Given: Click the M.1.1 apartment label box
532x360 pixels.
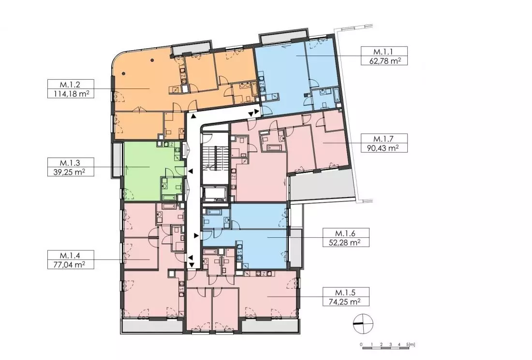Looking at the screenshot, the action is pyautogui.click(x=384, y=56).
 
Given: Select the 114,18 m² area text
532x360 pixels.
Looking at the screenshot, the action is pyautogui.click(x=71, y=94).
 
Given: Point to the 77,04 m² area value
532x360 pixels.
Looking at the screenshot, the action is pyautogui.click(x=71, y=264).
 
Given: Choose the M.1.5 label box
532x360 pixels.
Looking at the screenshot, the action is pyautogui.click(x=346, y=297).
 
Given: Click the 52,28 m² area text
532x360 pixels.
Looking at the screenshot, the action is pyautogui.click(x=346, y=243).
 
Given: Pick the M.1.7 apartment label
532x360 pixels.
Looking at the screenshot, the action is pyautogui.click(x=384, y=139).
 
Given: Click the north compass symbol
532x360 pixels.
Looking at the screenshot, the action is pyautogui.click(x=363, y=324).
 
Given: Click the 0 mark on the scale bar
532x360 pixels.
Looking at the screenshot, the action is pyautogui.click(x=361, y=345).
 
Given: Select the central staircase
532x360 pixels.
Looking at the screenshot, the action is pyautogui.click(x=215, y=157).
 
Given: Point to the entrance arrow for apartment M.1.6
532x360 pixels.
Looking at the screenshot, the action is pyautogui.click(x=196, y=235).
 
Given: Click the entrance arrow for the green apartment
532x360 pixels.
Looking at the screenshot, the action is pyautogui.click(x=191, y=172).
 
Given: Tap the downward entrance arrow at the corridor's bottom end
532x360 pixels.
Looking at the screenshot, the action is pyautogui.click(x=192, y=265).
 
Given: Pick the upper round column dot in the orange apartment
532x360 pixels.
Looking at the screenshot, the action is pyautogui.click(x=153, y=60).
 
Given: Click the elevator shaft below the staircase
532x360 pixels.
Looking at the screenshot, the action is pyautogui.click(x=215, y=194).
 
